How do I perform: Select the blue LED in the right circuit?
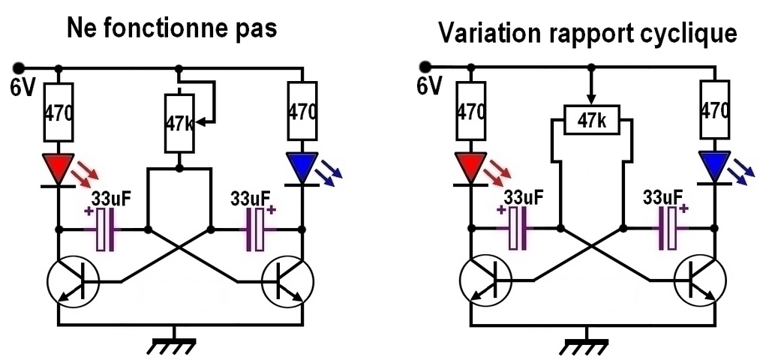pos(713,167)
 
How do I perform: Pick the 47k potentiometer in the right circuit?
pos(593,120)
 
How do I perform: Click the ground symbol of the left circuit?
pos(174,344)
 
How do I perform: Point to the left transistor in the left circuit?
pos(73,282)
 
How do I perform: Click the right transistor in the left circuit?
pos(288,282)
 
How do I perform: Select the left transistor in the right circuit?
pos(485,282)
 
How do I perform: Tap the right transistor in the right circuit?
pos(699,282)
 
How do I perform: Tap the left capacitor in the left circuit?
pos(104,229)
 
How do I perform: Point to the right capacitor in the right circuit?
pos(667,229)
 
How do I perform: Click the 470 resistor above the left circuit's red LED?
pos(59,112)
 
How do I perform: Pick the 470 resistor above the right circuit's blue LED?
pos(713,111)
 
